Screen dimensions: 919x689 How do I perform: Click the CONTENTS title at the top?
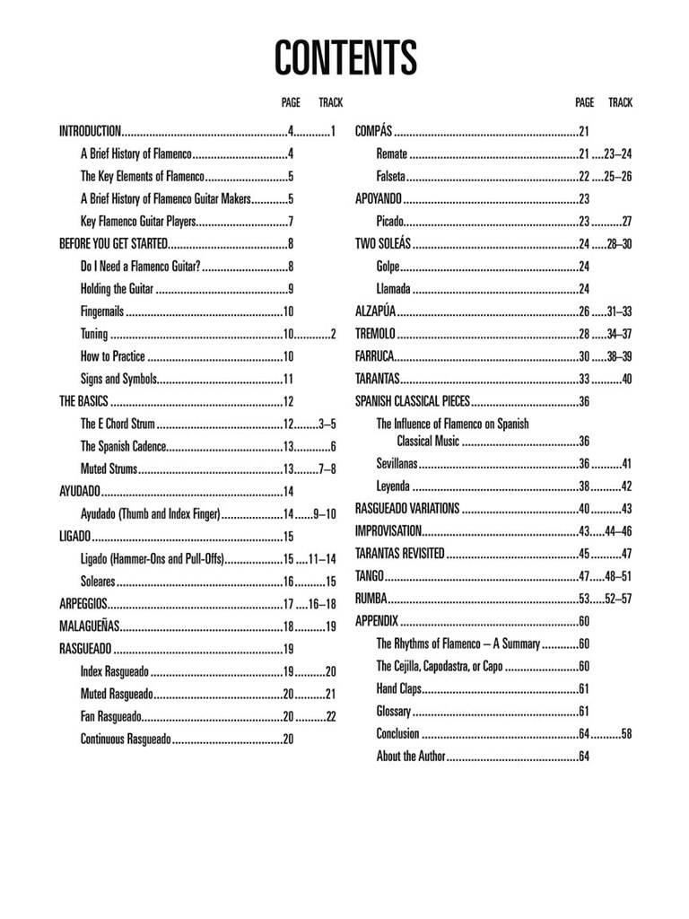click(344, 58)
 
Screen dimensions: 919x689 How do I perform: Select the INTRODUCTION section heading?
click(90, 132)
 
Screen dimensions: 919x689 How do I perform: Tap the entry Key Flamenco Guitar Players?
click(137, 222)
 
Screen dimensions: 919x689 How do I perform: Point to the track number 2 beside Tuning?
click(332, 334)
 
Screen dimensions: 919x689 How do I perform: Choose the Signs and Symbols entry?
click(118, 379)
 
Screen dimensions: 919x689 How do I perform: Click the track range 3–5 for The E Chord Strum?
click(327, 424)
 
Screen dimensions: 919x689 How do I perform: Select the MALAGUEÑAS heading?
click(89, 626)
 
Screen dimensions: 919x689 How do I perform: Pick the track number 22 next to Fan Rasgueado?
click(330, 716)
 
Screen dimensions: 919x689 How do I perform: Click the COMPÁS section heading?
click(374, 132)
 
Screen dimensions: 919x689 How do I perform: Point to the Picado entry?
click(390, 222)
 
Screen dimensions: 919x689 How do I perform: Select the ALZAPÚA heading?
click(376, 311)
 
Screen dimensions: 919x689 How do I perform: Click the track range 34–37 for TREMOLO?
click(619, 334)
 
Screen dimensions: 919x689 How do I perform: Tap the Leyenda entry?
click(393, 486)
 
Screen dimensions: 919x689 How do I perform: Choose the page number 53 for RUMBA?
click(583, 599)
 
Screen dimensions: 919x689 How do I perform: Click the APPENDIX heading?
click(376, 621)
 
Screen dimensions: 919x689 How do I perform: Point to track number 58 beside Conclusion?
click(625, 733)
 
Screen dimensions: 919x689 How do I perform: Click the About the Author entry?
click(410, 757)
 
